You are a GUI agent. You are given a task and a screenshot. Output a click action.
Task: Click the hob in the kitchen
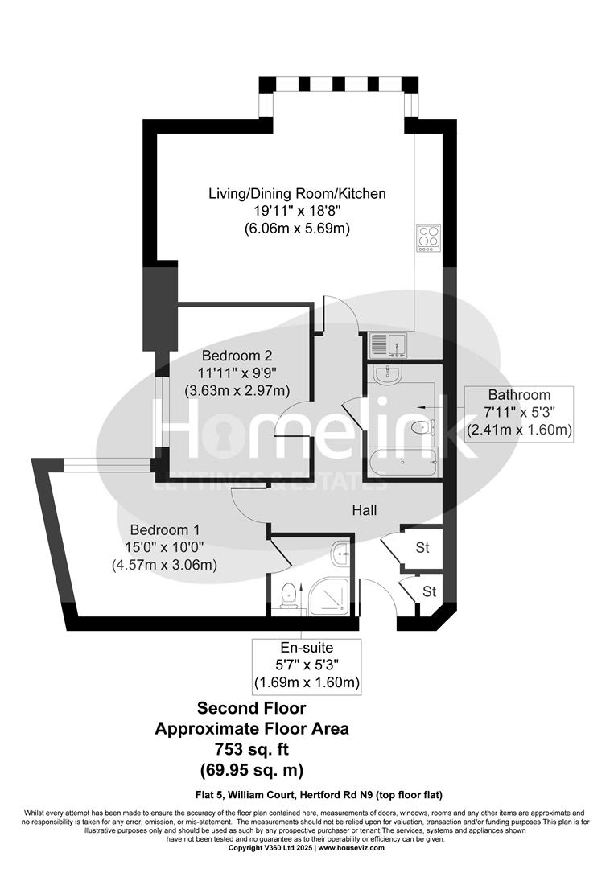428,237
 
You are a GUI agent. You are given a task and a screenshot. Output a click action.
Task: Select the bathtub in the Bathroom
402,463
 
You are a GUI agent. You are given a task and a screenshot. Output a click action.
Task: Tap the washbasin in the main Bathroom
387,374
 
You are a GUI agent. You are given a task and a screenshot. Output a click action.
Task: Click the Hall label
364,510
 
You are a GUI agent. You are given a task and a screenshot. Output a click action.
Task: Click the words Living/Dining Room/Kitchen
297,194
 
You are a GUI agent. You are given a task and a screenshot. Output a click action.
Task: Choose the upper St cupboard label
422,548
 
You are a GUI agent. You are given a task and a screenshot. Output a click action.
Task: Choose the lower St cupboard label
429,591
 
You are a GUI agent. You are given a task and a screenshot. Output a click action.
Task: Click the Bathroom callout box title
519,395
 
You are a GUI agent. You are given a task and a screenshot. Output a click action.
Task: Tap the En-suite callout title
306,647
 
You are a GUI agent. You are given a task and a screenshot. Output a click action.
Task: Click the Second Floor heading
251,709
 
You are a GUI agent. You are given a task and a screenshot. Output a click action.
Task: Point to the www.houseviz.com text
350,848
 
